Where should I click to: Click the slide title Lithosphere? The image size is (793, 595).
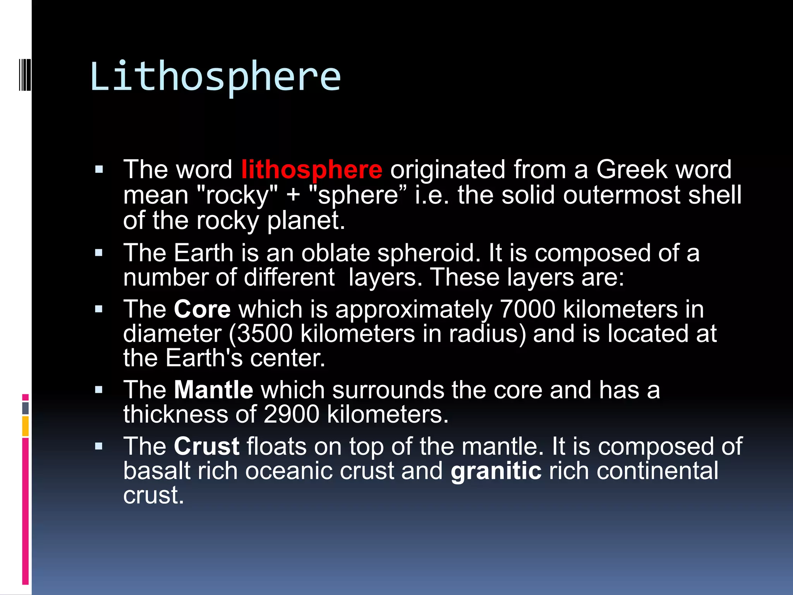[x=215, y=76]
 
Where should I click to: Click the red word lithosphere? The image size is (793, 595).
[x=312, y=170]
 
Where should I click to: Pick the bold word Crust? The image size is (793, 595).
[x=206, y=446]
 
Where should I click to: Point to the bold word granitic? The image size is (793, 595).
[x=496, y=471]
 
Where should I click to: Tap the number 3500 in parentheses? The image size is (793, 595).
[x=264, y=334]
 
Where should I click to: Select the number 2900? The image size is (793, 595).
[x=291, y=414]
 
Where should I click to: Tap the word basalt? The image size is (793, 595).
[x=157, y=471]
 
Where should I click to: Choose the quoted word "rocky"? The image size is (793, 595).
[x=237, y=195]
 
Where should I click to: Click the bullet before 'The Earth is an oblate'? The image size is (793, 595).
[x=99, y=253]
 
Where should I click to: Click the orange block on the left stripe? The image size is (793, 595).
[x=26, y=426]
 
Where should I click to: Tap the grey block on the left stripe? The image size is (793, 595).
[x=26, y=408]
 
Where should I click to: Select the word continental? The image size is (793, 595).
[x=657, y=471]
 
